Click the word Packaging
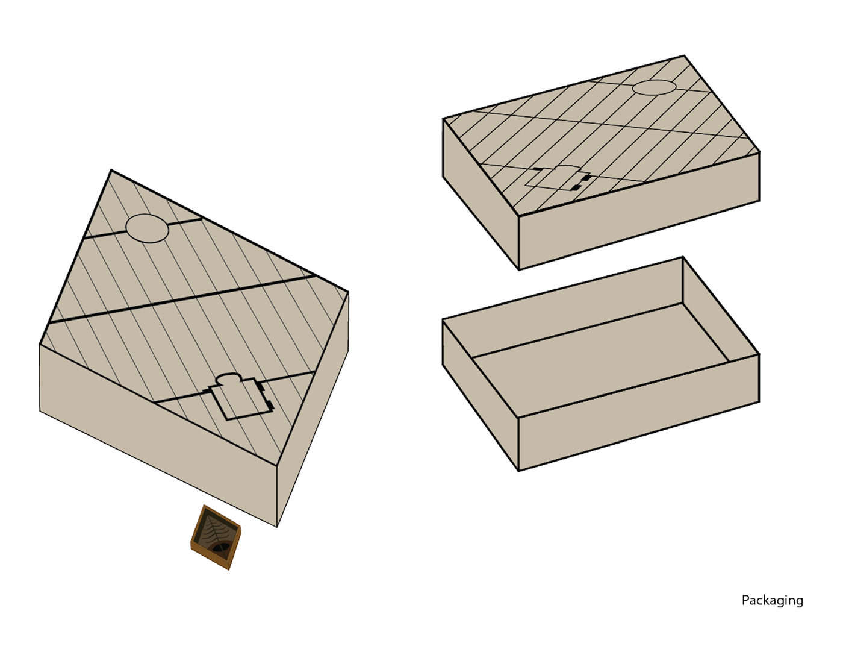[772, 601]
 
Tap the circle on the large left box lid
[148, 228]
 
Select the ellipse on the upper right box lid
[654, 87]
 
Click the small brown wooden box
[216, 538]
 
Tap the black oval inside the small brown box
[220, 548]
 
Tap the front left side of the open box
[481, 395]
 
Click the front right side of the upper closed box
[639, 211]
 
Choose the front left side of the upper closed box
[481, 194]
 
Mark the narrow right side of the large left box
[313, 409]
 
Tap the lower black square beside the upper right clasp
[577, 188]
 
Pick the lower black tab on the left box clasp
[270, 405]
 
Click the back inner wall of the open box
[562, 306]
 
